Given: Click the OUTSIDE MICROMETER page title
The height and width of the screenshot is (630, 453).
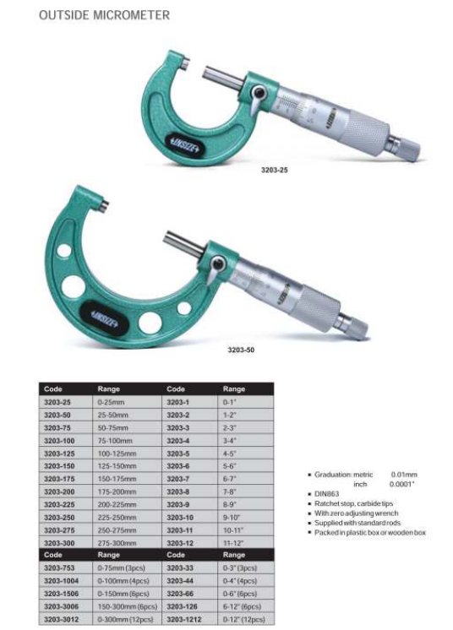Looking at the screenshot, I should [x=104, y=16].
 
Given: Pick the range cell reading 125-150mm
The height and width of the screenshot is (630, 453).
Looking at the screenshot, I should [x=117, y=465].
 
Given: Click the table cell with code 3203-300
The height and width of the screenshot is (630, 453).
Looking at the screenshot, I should [x=57, y=543].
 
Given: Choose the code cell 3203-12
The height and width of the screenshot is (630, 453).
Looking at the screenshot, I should [x=181, y=543].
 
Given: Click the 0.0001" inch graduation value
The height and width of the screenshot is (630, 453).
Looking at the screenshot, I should [x=403, y=485].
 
